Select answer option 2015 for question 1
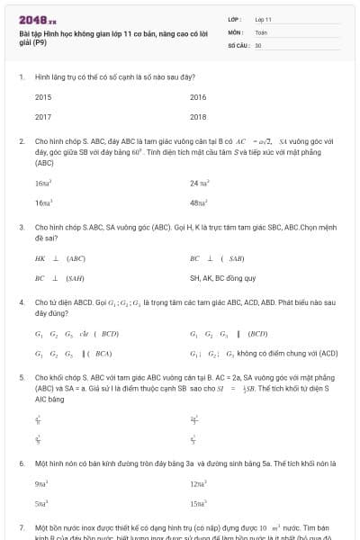[x=43, y=96]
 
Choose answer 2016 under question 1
[x=198, y=96]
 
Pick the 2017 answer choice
[x=43, y=116]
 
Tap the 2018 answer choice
[x=198, y=116]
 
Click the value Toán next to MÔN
[x=261, y=31]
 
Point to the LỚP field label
[x=235, y=19]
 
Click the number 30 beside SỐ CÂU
[x=258, y=44]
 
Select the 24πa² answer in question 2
[x=199, y=183]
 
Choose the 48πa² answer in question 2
[x=199, y=202]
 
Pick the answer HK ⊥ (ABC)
[x=53, y=258]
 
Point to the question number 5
[x=22, y=378]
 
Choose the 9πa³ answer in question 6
[x=43, y=483]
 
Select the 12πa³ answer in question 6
[x=199, y=483]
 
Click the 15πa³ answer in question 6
[x=199, y=503]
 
